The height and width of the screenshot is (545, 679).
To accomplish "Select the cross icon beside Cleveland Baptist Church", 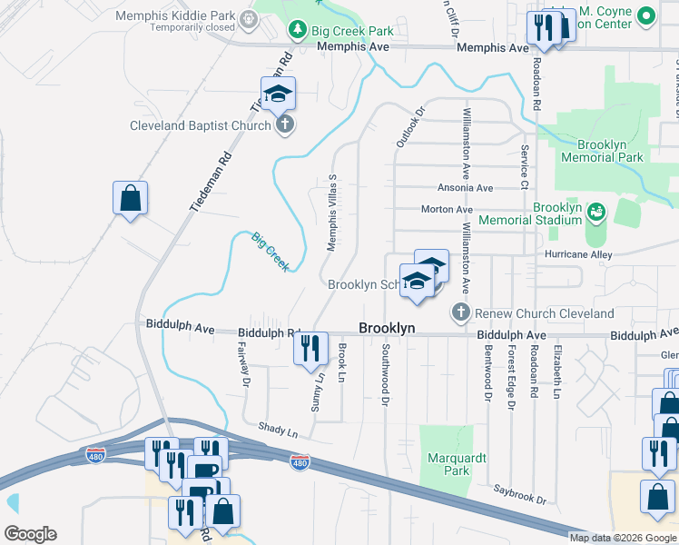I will coord(285,125).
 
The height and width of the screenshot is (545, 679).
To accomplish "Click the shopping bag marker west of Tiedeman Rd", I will coord(130,198).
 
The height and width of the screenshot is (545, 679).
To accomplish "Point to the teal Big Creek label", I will coord(271,252).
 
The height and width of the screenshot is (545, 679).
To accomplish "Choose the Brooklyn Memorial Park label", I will coord(602,151).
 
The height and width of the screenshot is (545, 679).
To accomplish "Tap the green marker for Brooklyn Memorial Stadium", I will coord(596,213).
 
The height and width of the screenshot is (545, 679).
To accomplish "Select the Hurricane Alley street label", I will coord(580,254).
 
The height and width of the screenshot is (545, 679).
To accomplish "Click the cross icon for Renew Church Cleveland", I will coord(460,313).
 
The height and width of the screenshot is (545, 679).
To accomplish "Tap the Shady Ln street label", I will coord(278,431).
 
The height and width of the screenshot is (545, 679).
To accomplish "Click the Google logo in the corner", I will coord(30,533).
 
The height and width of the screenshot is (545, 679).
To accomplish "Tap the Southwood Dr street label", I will coord(386,373).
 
